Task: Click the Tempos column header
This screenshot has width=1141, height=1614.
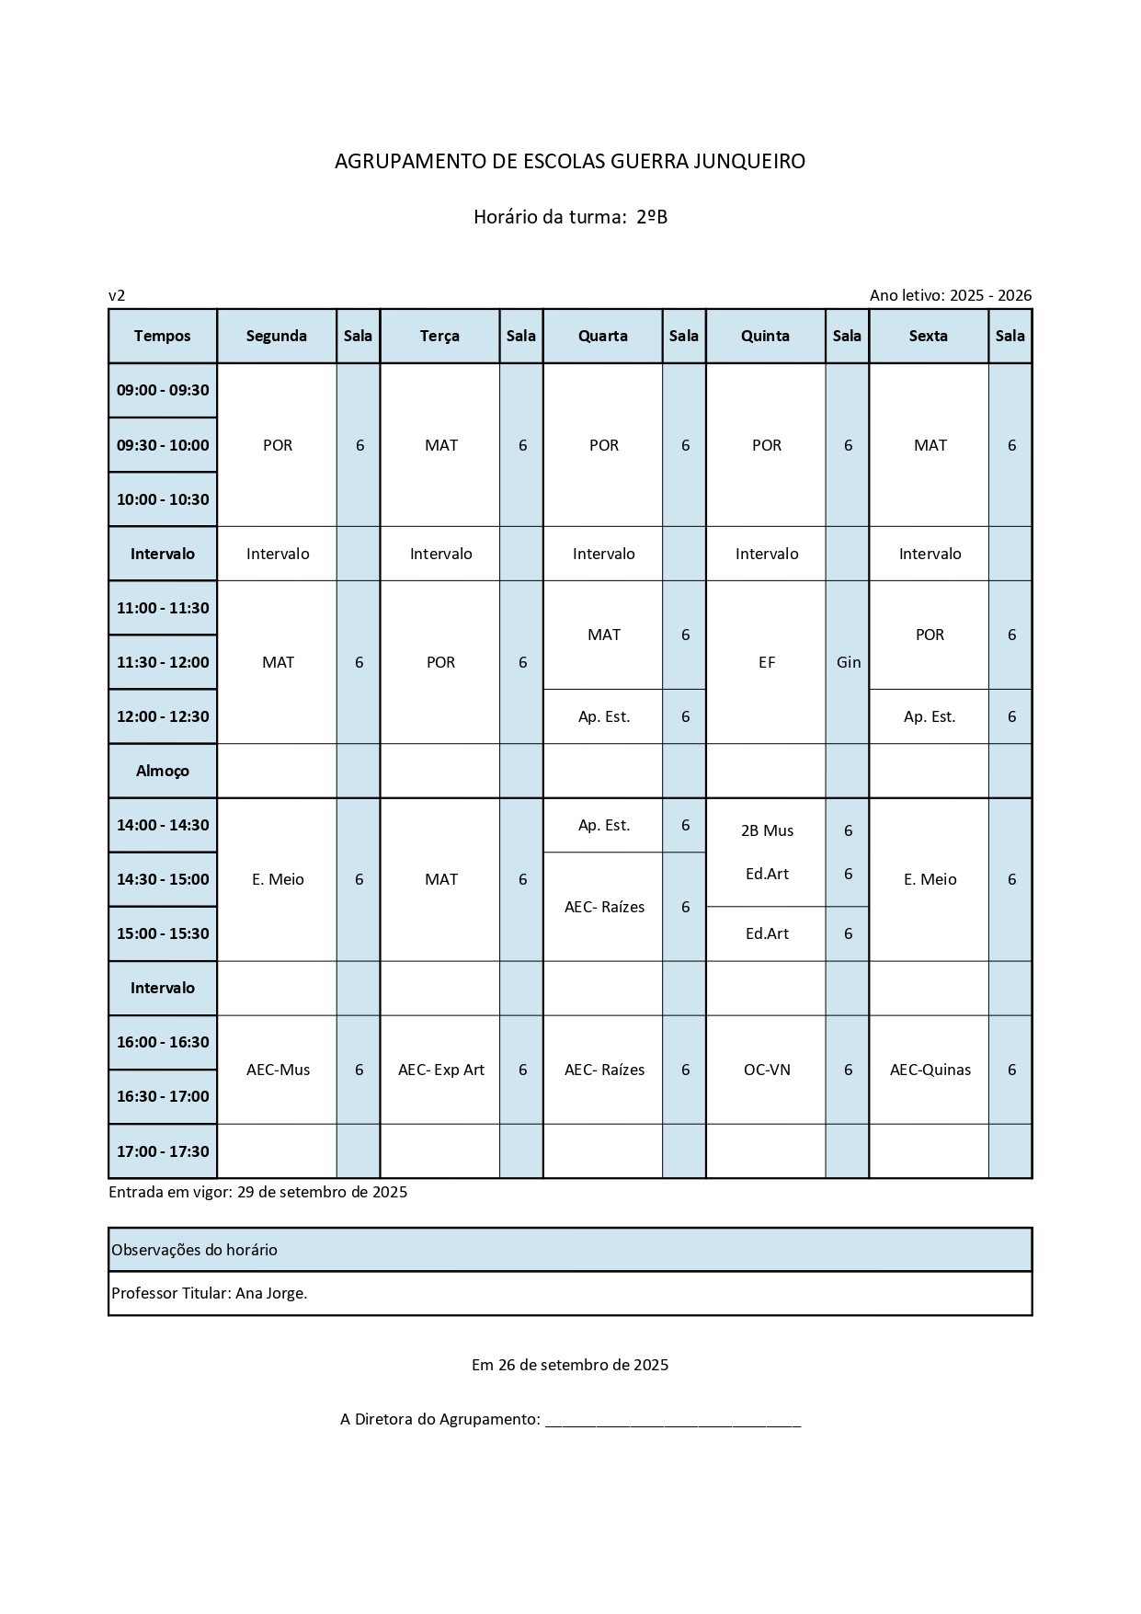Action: (162, 336)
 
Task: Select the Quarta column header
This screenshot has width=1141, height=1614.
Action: (602, 336)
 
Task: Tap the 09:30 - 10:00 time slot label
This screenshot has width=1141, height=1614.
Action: (163, 445)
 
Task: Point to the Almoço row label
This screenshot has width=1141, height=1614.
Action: (163, 771)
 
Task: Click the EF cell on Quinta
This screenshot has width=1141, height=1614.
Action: (767, 662)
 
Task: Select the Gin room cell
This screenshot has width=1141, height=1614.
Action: (848, 662)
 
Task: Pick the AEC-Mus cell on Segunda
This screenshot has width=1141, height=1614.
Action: (278, 1070)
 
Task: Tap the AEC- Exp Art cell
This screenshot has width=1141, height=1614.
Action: (440, 1070)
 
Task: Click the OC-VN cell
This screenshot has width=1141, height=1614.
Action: (767, 1070)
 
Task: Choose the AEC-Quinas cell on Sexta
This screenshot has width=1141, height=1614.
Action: (930, 1070)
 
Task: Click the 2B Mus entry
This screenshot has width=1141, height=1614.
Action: (767, 830)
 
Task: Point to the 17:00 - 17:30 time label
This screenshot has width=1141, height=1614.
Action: (163, 1151)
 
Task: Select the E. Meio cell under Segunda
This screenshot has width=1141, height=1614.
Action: (278, 879)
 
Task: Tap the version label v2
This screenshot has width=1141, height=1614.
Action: (117, 295)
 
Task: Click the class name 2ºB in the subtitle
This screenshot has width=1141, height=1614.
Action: (652, 217)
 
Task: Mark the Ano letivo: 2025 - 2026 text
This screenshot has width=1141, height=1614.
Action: (950, 295)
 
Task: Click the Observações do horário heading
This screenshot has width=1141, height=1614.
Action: (194, 1250)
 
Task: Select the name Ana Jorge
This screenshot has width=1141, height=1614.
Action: (270, 1293)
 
